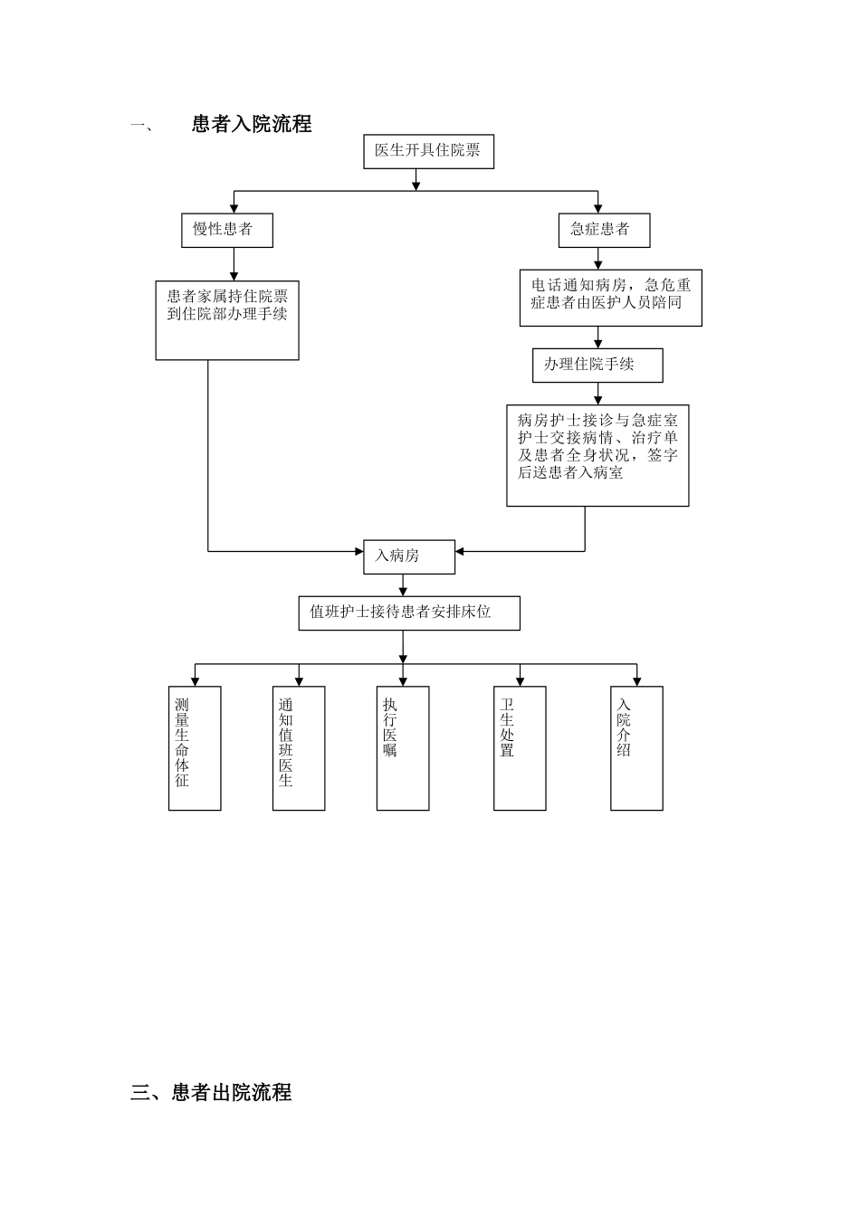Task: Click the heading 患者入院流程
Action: (252, 125)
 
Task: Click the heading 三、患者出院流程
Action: (211, 1093)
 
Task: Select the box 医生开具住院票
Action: (428, 151)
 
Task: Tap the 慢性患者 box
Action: (226, 230)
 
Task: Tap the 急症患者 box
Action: (604, 230)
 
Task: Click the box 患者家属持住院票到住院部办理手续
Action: (227, 320)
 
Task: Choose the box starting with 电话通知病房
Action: (610, 298)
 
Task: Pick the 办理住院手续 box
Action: (597, 365)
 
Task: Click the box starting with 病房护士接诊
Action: (597, 455)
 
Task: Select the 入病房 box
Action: (409, 556)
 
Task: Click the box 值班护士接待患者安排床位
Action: (409, 613)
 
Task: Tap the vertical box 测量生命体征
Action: (195, 747)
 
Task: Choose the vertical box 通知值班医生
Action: (299, 747)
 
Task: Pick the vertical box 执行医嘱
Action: (403, 747)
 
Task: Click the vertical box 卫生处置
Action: (520, 747)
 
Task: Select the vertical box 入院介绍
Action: (636, 747)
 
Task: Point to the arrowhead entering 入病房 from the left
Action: (358, 551)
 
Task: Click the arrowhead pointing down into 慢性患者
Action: (234, 209)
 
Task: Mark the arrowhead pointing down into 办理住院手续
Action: (597, 344)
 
